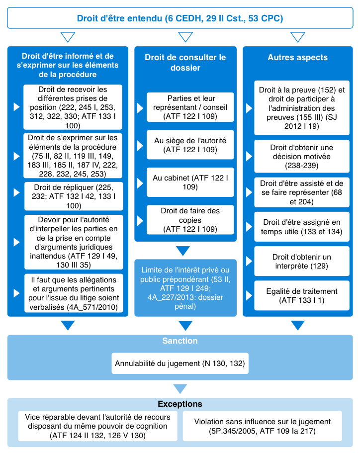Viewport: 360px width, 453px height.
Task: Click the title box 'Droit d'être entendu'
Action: [180, 19]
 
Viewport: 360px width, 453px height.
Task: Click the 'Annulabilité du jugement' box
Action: [180, 363]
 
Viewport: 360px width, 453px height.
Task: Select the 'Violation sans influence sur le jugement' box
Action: [262, 426]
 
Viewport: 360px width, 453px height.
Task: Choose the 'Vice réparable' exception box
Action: [97, 426]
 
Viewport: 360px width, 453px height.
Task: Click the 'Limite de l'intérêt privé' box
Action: [185, 287]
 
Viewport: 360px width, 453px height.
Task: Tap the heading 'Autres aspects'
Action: [298, 58]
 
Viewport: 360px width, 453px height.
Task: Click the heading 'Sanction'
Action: [180, 341]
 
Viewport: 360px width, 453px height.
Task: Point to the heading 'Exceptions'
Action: [180, 404]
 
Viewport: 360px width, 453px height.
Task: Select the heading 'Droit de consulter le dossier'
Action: [185, 63]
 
